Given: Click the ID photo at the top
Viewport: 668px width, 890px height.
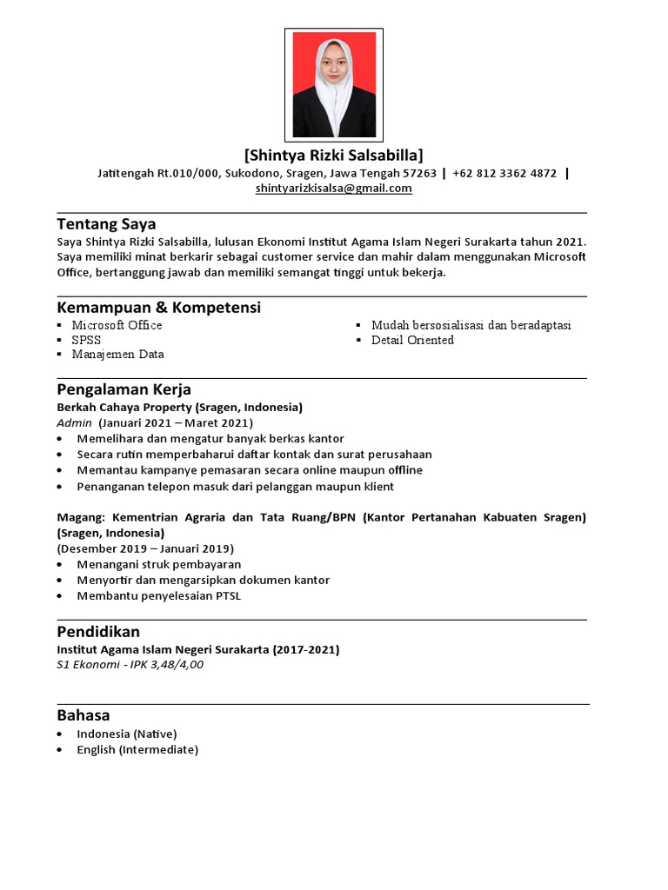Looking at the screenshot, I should [x=334, y=85].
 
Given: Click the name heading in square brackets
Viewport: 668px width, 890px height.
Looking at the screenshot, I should [x=334, y=156].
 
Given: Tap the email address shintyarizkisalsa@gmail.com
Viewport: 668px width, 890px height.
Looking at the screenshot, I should [x=334, y=188].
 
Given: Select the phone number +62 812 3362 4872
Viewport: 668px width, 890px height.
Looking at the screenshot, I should [x=504, y=173].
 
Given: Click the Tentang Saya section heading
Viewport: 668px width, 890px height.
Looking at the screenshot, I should [x=106, y=224].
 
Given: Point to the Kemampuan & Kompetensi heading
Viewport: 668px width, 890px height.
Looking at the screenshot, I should [x=158, y=308].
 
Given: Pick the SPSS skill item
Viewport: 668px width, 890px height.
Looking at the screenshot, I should [x=86, y=340].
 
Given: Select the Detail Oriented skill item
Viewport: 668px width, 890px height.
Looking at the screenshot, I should [x=412, y=340].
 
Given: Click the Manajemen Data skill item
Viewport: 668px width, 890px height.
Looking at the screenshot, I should [x=117, y=355].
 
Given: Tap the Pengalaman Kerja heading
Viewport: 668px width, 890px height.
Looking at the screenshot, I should [x=124, y=389].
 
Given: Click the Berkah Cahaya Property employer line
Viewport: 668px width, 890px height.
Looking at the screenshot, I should [x=179, y=407].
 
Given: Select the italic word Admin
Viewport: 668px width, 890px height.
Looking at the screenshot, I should [x=74, y=422].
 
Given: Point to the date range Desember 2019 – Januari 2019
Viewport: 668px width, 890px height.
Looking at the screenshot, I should [x=145, y=548].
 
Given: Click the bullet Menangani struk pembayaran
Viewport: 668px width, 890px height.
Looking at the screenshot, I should [x=158, y=564].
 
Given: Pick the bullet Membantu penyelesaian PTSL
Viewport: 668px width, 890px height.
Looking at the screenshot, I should [x=158, y=595].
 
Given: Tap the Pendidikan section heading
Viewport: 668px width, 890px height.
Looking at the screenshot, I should [x=97, y=631].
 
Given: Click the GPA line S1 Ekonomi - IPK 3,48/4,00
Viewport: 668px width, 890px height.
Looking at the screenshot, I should [x=130, y=665].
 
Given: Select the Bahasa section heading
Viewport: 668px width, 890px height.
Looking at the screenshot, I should [x=83, y=715].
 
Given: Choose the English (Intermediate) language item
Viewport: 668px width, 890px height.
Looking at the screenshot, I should [x=137, y=749].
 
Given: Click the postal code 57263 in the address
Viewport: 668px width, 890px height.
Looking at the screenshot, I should [x=420, y=173].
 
